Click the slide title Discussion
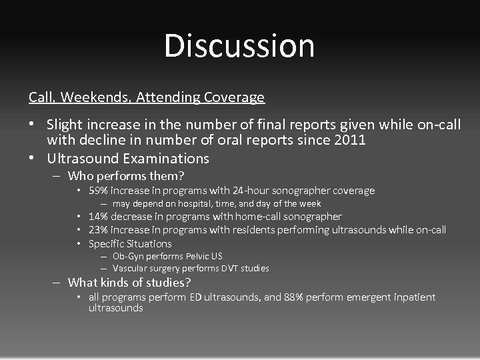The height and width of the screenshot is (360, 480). pyautogui.click(x=239, y=45)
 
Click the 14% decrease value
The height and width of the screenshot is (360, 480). pyautogui.click(x=99, y=217)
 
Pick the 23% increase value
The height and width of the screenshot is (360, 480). pyautogui.click(x=99, y=230)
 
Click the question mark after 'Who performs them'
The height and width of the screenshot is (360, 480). pyautogui.click(x=181, y=177)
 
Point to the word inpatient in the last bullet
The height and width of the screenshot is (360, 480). pyautogui.click(x=411, y=297)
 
